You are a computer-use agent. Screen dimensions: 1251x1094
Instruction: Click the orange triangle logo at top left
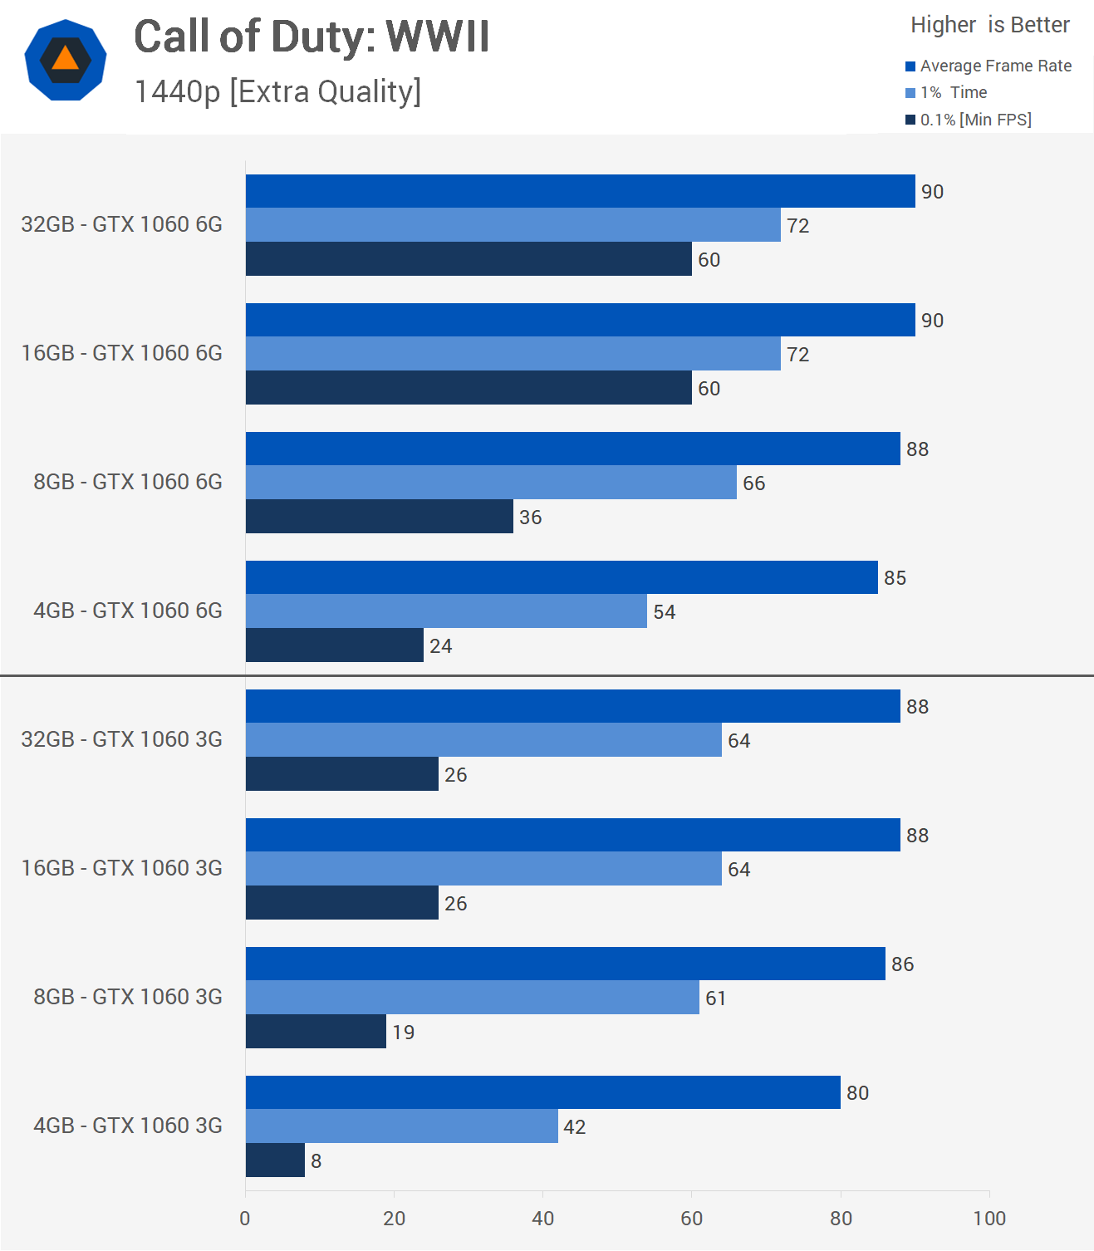click(x=65, y=60)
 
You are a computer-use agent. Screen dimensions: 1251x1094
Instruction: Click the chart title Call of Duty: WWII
click(x=312, y=37)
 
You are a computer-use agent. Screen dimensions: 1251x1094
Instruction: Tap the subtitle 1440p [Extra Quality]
click(x=277, y=91)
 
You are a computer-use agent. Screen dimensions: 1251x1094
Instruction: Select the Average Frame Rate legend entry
click(x=989, y=66)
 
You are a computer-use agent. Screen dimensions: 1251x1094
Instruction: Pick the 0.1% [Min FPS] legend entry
click(x=969, y=120)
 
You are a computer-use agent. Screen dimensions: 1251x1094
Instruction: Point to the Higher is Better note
click(x=989, y=25)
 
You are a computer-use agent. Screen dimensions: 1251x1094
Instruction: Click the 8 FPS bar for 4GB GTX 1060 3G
click(x=275, y=1160)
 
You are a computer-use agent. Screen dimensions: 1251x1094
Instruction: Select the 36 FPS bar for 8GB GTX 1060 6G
click(x=379, y=516)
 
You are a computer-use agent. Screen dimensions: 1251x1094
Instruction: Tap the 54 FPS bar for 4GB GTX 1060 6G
click(x=446, y=611)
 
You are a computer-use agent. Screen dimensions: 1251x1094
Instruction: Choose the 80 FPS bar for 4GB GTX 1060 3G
click(x=542, y=1092)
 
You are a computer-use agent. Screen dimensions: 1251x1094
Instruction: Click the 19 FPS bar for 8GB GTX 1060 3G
click(x=316, y=1031)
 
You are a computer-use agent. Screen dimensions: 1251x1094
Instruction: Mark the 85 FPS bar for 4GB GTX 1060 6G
click(x=562, y=577)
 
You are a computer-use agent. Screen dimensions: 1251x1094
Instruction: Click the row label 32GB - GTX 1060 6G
click(x=122, y=224)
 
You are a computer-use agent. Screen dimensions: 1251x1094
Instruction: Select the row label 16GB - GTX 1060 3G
click(x=122, y=868)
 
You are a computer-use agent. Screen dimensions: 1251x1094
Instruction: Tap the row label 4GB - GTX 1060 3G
click(x=128, y=1126)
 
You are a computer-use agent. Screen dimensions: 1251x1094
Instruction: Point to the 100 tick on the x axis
click(x=989, y=1219)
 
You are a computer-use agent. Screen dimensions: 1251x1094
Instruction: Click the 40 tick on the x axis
click(x=542, y=1219)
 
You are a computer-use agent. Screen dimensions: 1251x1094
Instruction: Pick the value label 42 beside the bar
click(x=575, y=1127)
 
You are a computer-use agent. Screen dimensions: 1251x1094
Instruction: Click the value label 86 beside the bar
click(x=902, y=964)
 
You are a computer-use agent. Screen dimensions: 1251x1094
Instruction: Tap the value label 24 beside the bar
click(x=440, y=646)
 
